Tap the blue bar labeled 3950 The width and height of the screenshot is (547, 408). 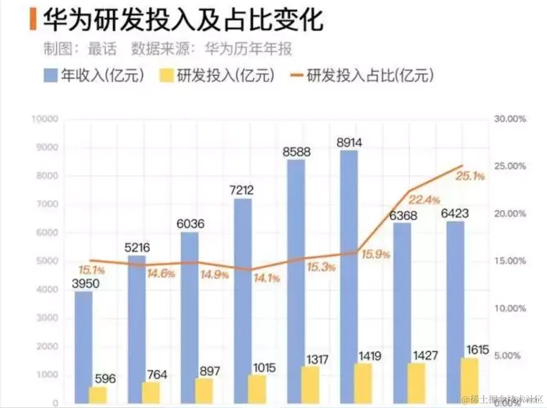click(x=83, y=347)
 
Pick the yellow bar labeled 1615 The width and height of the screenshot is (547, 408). click(x=469, y=380)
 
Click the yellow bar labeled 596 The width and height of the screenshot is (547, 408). click(x=98, y=395)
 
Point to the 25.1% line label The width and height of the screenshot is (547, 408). click(x=470, y=176)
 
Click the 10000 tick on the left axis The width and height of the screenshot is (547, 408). click(x=45, y=119)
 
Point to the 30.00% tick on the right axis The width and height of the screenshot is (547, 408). click(x=509, y=119)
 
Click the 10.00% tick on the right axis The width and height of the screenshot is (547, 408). click(x=509, y=309)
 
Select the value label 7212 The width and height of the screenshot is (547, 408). click(x=242, y=190)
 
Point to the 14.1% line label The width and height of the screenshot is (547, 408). click(x=267, y=278)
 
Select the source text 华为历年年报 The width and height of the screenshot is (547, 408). click(x=248, y=49)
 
